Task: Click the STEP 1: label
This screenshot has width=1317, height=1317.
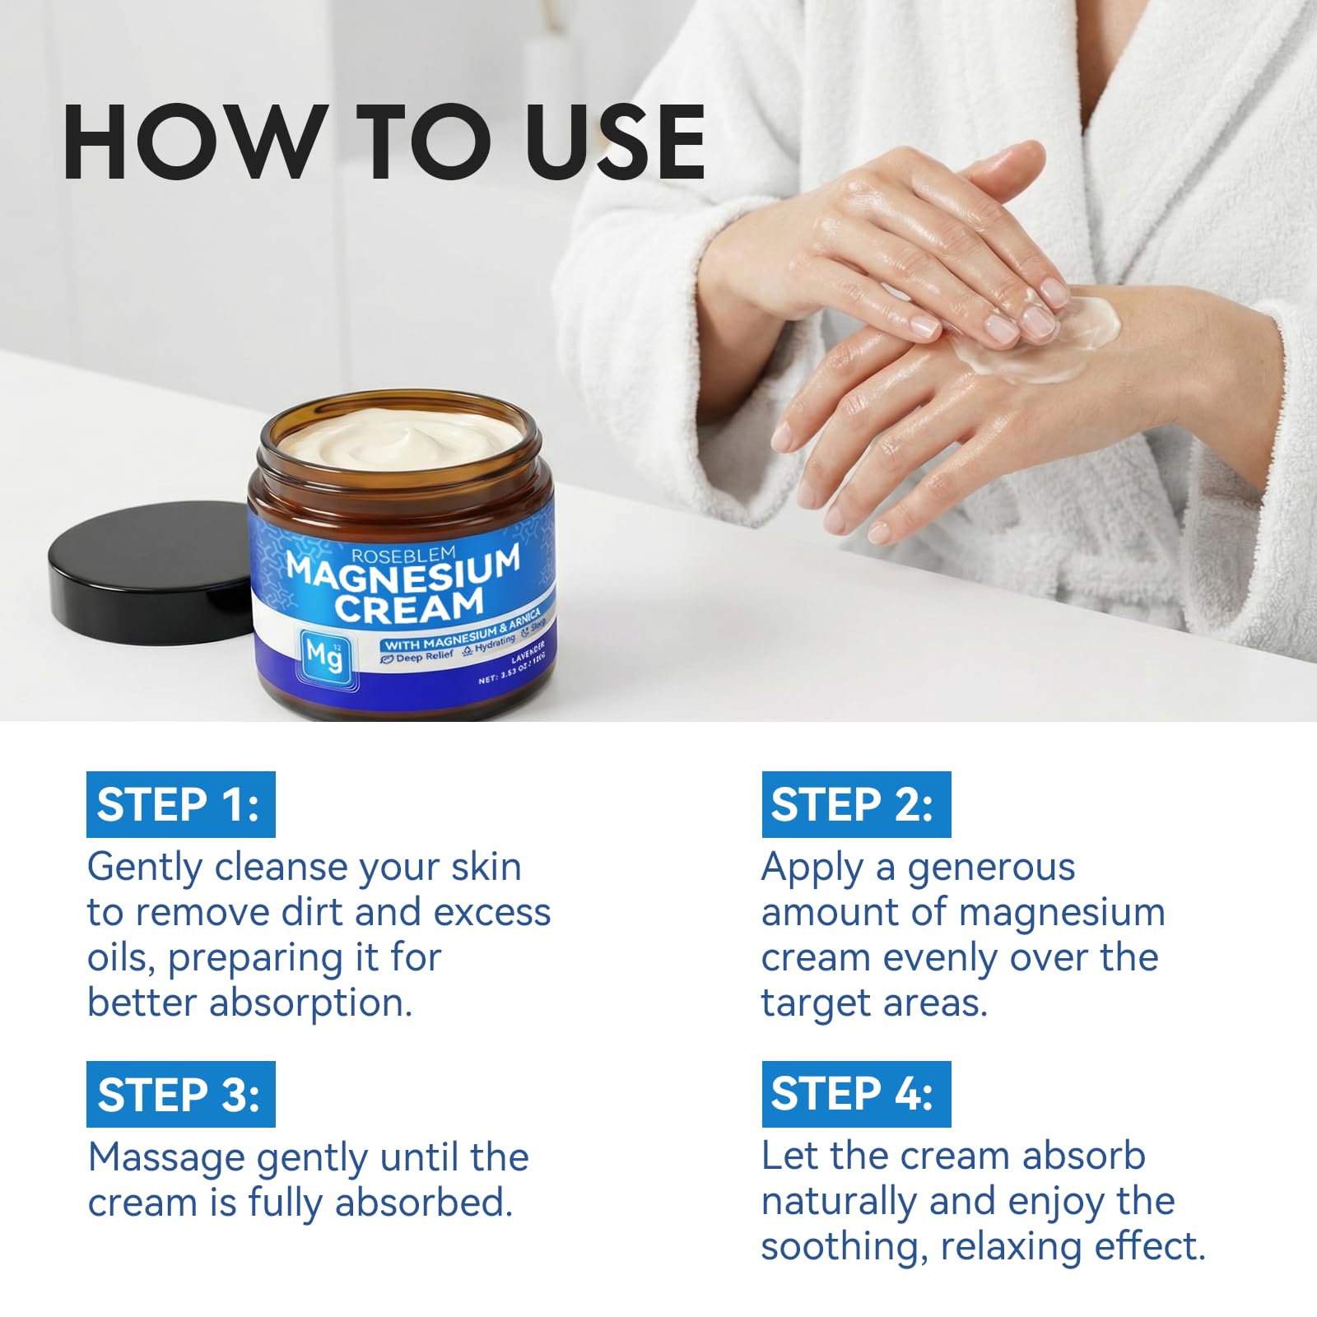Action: coord(181,804)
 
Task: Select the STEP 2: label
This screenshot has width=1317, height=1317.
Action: coord(856,804)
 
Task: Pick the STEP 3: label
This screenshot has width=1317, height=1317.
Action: coord(181,1094)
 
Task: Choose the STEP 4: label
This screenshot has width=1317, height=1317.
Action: coord(856,1094)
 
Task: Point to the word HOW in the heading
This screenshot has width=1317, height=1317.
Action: coord(191,142)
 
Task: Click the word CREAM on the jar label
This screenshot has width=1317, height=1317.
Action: coord(409,606)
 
